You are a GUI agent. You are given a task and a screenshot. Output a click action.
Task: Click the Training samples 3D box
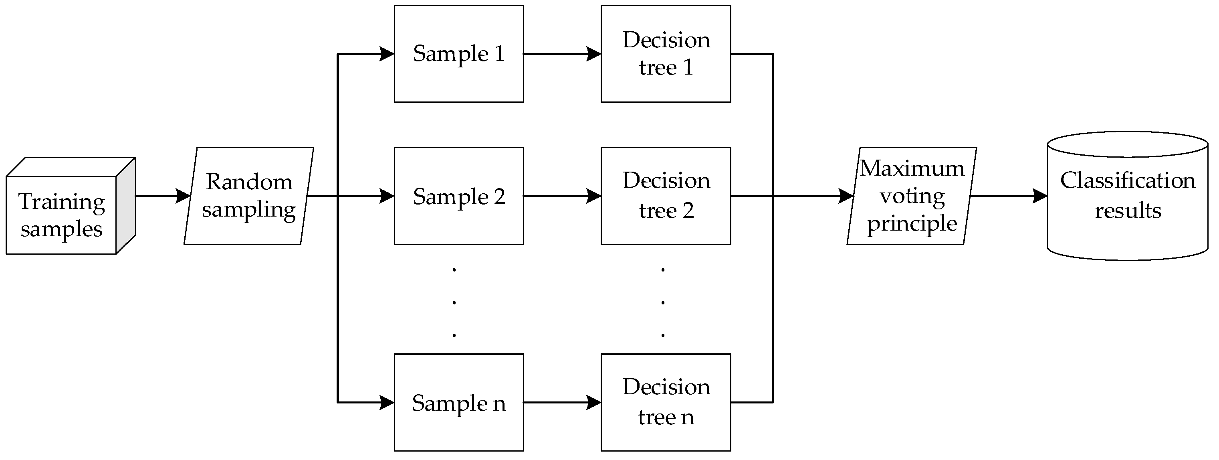coord(62,215)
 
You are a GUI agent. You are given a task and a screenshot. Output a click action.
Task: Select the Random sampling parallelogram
coord(249,196)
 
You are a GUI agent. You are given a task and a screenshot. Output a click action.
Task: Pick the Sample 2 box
coord(459,196)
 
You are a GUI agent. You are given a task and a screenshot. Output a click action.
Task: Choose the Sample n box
coord(459,403)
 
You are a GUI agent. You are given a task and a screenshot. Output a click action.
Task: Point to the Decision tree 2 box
coord(666,196)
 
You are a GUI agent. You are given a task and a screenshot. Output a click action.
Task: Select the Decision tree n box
coord(666,403)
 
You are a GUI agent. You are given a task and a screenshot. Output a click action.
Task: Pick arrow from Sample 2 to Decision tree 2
coord(562,196)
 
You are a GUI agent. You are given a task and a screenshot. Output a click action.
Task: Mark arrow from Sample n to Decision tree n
coord(562,403)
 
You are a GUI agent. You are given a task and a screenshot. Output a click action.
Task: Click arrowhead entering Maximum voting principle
coord(846,196)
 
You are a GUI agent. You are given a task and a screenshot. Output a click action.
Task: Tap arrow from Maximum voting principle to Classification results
coord(1008,196)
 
